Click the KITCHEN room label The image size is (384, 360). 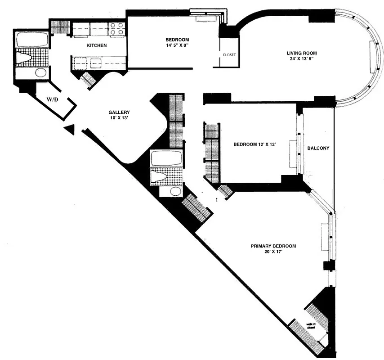pos(97,45)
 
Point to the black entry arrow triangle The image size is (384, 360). pos(69,129)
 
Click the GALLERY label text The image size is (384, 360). pos(119,112)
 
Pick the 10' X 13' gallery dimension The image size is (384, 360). pos(119,118)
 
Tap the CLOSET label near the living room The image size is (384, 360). pos(229,55)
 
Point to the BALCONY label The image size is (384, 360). pos(318,148)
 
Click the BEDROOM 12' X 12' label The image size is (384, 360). pos(254,144)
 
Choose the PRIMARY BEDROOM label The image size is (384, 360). pos(273,246)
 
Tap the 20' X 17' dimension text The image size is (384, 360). pos(273,252)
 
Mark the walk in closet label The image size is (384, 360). pos(310,327)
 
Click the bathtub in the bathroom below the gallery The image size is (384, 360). pos(166,158)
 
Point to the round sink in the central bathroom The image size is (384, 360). pos(175,192)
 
